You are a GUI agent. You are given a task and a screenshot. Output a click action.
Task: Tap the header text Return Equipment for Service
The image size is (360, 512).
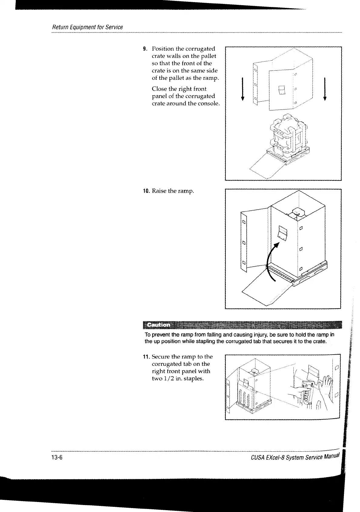point(88,27)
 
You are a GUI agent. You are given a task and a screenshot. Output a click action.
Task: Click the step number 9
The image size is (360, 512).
point(145,49)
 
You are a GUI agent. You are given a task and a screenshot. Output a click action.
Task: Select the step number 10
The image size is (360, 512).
point(146,191)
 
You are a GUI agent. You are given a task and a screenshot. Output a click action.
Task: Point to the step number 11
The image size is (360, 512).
point(146,357)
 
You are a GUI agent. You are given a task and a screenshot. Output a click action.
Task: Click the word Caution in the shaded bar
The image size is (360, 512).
point(158,325)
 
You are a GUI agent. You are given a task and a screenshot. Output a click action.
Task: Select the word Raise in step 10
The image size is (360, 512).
point(159,191)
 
